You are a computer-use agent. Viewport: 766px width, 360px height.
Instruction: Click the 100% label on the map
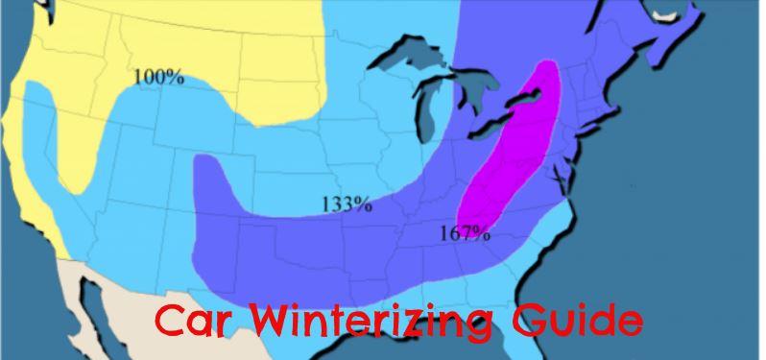[x=158, y=77]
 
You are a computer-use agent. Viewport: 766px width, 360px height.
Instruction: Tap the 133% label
[x=347, y=204]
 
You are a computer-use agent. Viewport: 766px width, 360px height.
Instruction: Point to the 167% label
[x=466, y=233]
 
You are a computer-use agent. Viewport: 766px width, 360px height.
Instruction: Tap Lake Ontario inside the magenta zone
[x=534, y=95]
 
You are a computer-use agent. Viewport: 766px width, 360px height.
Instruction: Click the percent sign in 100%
[x=176, y=77]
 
